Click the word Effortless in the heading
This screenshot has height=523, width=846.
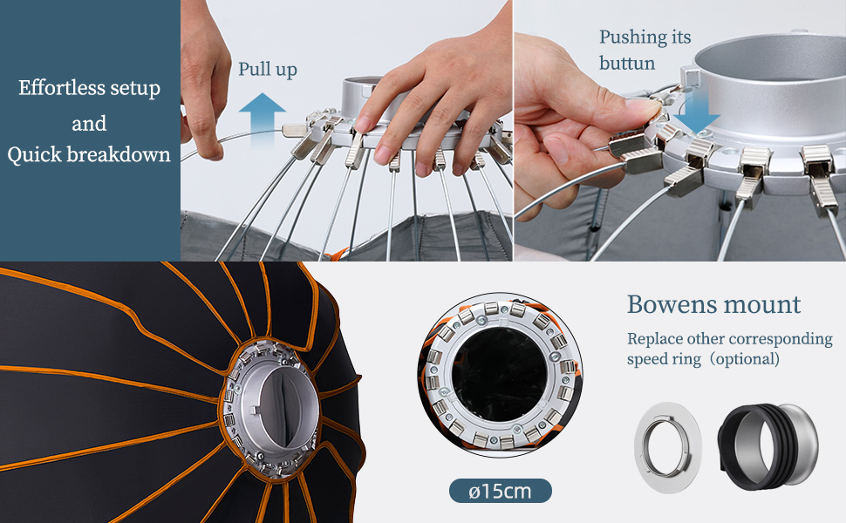[x=58, y=87]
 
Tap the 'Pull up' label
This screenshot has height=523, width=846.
[x=268, y=70]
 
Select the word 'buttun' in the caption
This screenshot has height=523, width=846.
[x=627, y=64]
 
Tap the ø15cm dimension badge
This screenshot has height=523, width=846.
[x=500, y=492]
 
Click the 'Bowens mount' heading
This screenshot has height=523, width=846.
[x=713, y=304]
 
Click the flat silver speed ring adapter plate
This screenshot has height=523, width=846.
[x=668, y=447]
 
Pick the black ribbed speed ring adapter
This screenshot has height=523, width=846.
[x=768, y=447]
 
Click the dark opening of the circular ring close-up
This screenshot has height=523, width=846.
[x=499, y=375]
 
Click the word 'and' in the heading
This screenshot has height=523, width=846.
[x=89, y=124]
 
